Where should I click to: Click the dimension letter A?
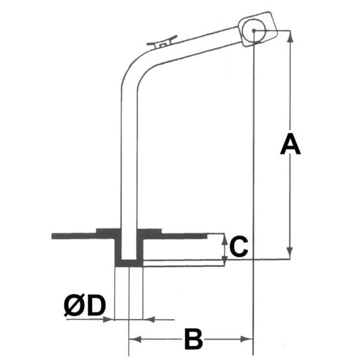click(291, 145)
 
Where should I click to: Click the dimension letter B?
click(192, 340)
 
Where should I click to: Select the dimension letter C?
click(237, 247)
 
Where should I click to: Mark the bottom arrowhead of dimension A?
click(291, 255)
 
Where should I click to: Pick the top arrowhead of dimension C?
click(223, 238)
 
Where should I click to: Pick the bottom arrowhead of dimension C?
click(223, 257)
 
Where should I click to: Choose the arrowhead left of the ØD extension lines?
click(112, 319)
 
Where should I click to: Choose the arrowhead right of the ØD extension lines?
click(149, 319)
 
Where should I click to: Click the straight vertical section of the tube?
click(130, 161)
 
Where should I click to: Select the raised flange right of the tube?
click(150, 233)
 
